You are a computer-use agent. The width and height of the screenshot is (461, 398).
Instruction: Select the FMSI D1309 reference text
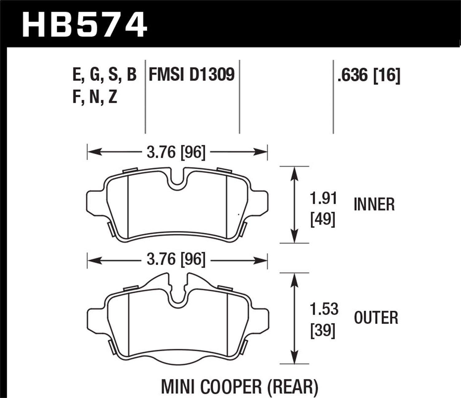[191, 75]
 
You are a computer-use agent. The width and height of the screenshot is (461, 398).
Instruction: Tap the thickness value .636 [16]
[369, 75]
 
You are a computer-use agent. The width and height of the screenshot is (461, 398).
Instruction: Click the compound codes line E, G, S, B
[104, 75]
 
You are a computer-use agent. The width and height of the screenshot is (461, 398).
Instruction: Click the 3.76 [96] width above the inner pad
[176, 152]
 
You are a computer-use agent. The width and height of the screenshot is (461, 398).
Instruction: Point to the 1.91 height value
[323, 198]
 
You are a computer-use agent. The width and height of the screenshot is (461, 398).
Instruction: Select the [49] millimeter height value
[323, 219]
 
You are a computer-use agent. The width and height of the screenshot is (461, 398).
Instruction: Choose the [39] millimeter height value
[323, 330]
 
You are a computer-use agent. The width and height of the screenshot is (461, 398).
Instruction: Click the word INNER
[374, 205]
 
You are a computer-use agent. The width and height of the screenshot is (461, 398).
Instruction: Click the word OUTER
[376, 318]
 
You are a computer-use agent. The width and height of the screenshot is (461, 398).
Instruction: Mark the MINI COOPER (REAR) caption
[239, 387]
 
